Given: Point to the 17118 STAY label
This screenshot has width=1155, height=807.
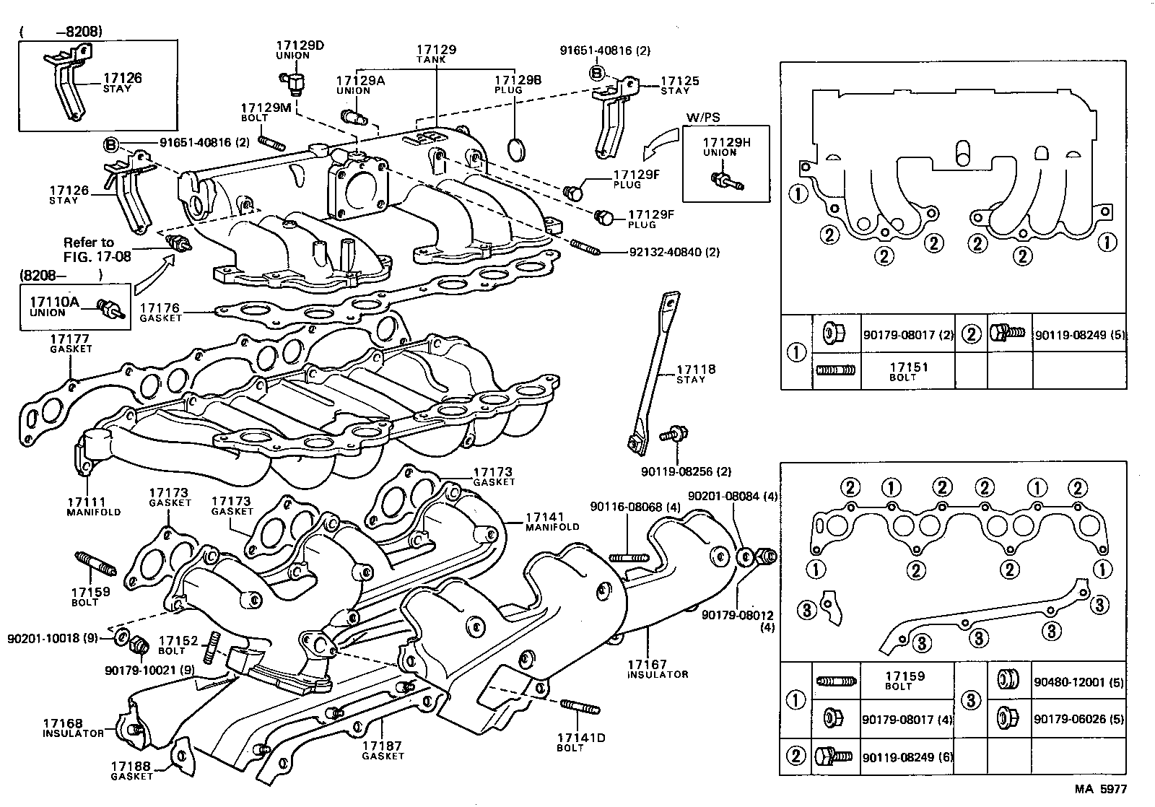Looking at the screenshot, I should click(696, 373).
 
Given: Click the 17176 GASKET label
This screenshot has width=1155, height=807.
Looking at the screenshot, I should click(160, 312).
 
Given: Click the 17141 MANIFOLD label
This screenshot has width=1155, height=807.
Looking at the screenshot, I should click(552, 521).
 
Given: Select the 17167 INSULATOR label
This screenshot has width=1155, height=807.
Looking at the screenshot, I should click(657, 668).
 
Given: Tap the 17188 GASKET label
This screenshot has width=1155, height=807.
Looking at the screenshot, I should click(131, 770).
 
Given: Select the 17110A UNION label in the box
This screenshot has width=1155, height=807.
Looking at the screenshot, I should click(54, 307).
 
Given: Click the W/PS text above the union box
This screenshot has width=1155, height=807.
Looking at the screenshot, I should click(702, 118).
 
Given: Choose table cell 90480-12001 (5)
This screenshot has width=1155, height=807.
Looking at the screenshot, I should click(1078, 681).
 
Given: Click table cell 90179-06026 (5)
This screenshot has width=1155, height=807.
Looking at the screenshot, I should click(1078, 719).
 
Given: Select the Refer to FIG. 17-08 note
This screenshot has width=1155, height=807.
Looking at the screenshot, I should click(97, 249).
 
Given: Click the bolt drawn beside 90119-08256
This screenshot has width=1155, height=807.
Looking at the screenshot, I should click(677, 435).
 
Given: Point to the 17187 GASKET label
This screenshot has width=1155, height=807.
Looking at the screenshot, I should click(383, 750).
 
